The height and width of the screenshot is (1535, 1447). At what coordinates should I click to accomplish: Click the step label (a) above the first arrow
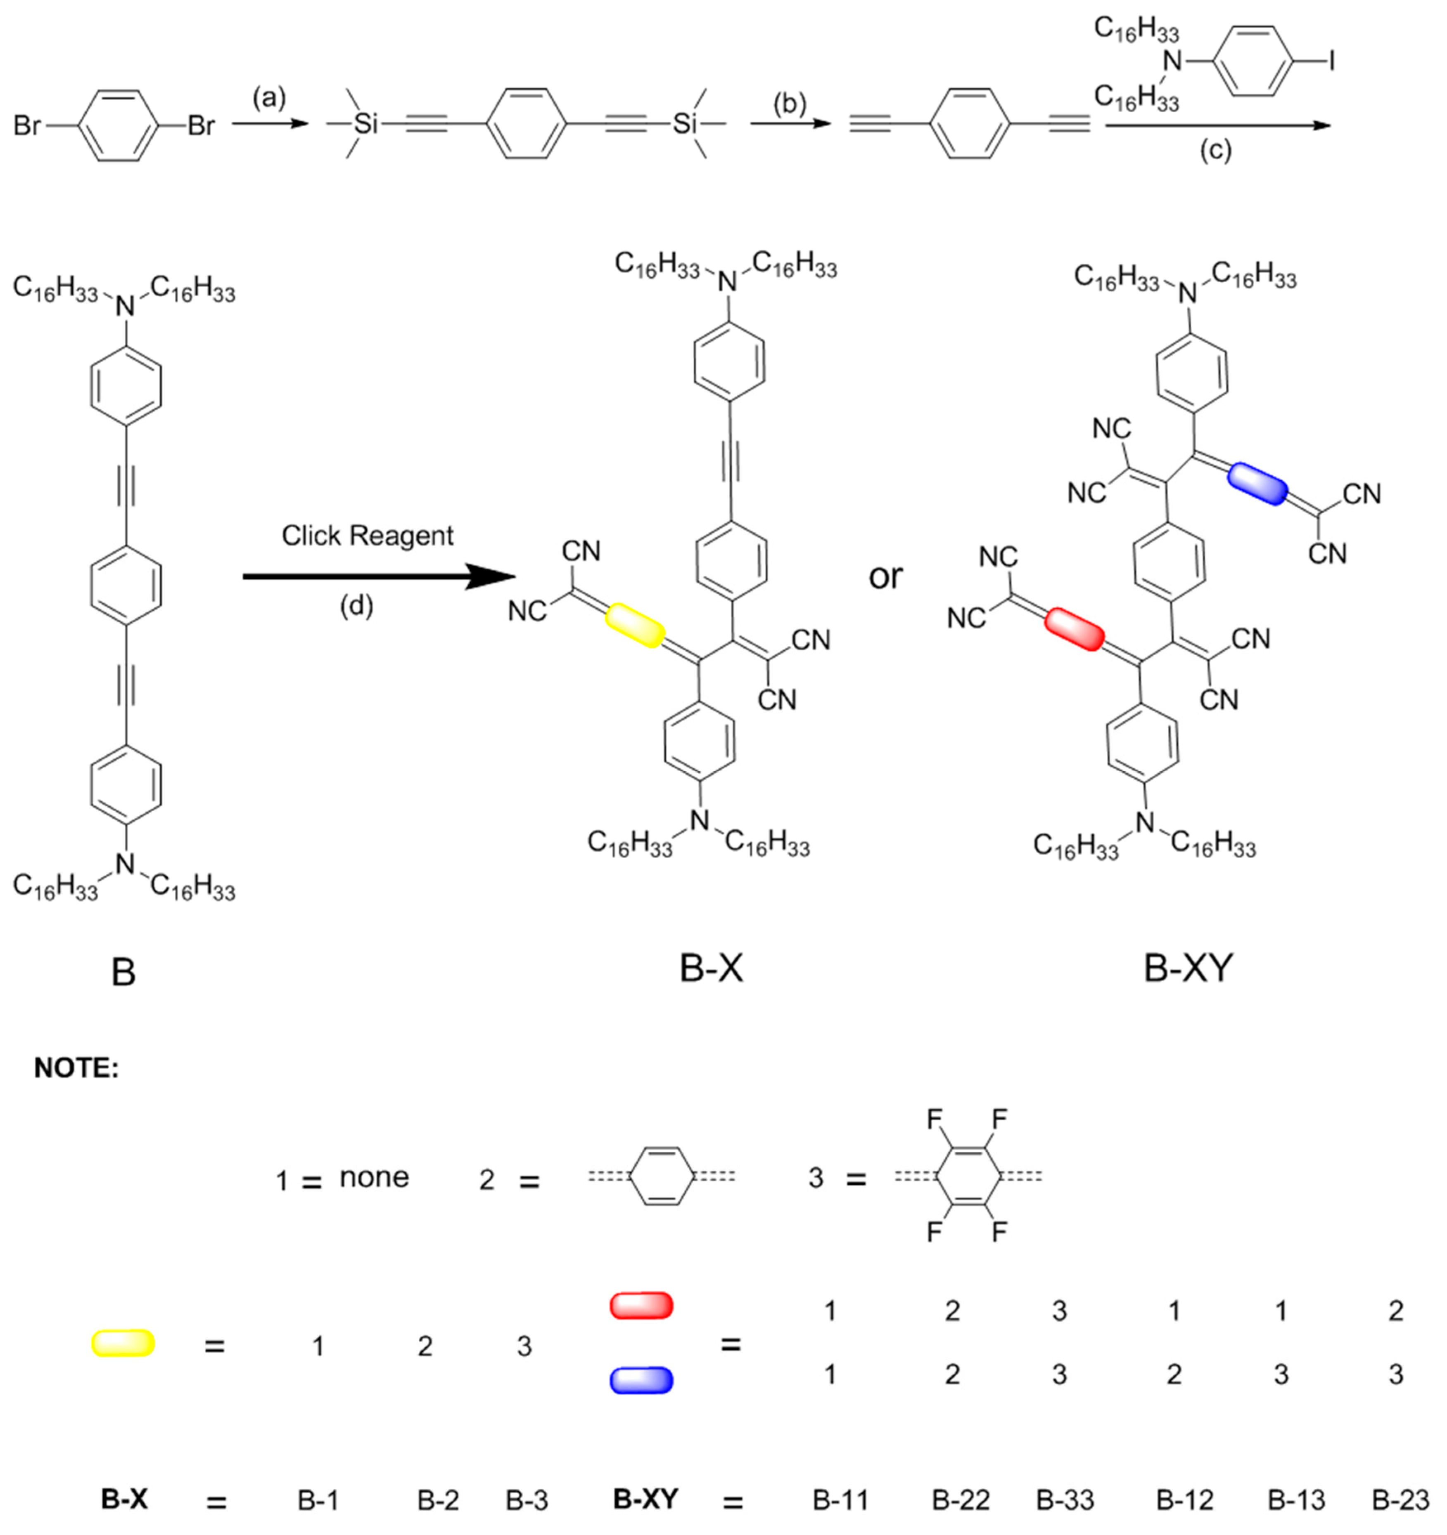tap(269, 98)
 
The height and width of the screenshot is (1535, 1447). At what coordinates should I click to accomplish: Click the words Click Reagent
tap(367, 536)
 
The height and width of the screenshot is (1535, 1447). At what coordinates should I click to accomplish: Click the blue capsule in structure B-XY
tap(1258, 484)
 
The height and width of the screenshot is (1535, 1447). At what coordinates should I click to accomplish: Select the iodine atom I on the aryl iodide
tap(1331, 62)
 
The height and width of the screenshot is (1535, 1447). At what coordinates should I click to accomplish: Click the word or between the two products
tap(885, 576)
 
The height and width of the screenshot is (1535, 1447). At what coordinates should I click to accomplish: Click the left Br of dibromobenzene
tap(27, 125)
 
